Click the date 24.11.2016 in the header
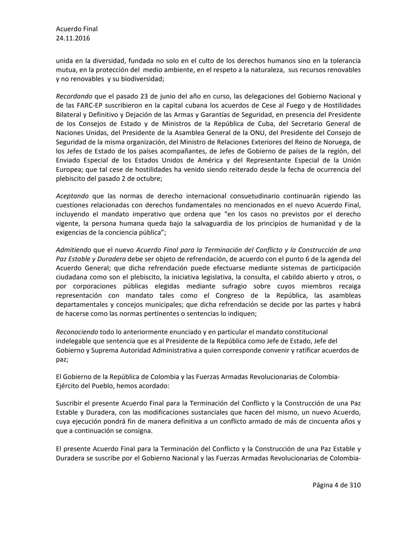tap(73, 38)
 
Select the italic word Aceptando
tap(72, 196)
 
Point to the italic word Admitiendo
tap(73, 250)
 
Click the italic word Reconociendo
tap(77, 332)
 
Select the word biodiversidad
tap(142, 79)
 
